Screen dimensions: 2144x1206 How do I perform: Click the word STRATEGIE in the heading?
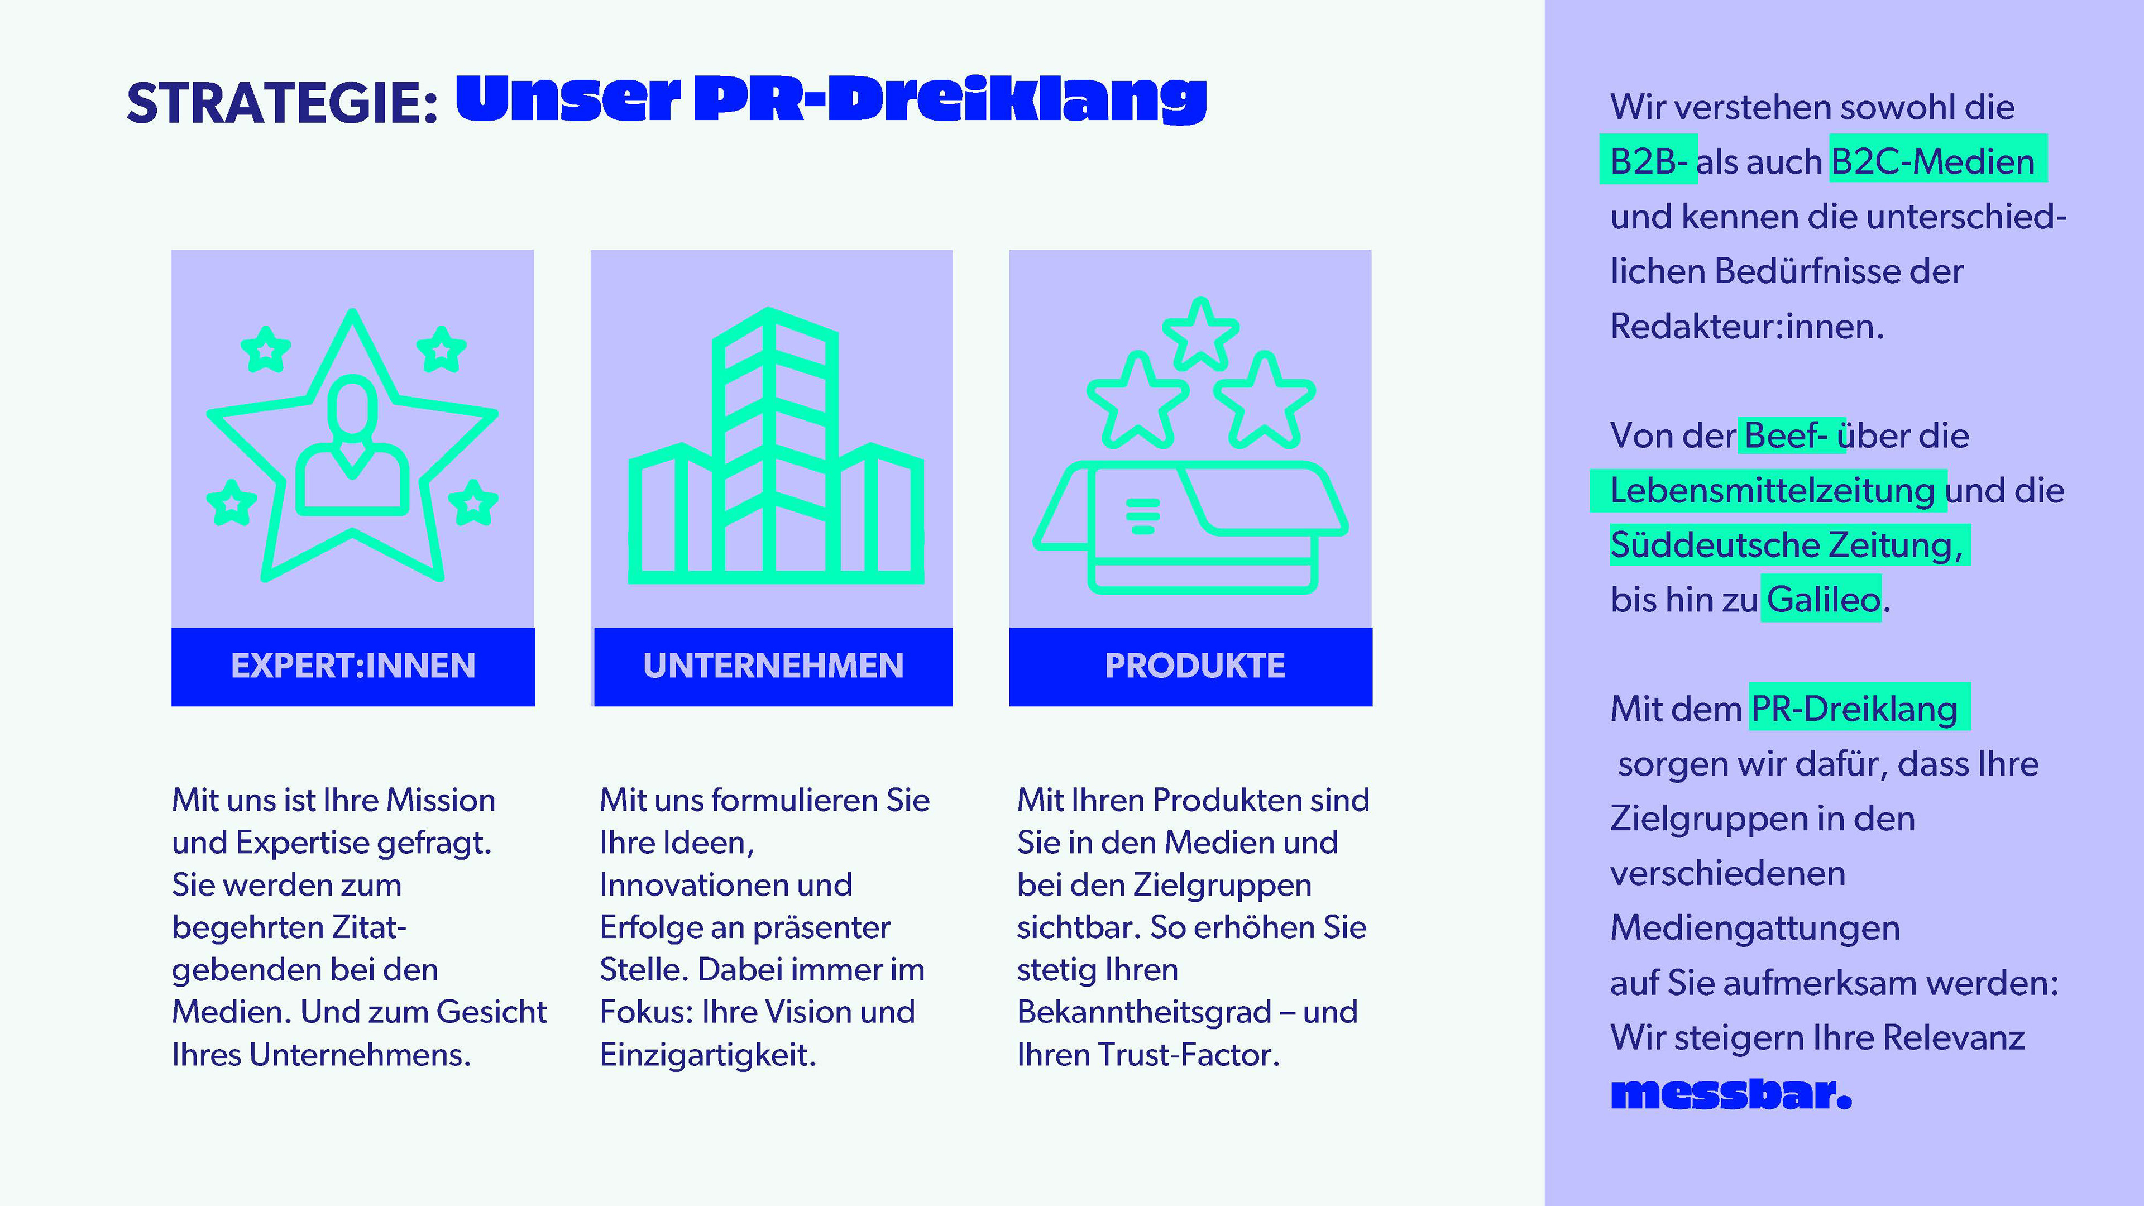pyautogui.click(x=281, y=104)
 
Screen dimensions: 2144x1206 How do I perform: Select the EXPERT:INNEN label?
pyautogui.click(x=353, y=666)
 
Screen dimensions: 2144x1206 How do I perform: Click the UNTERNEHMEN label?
pyautogui.click(x=773, y=666)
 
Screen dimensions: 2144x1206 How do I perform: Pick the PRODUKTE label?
pyautogui.click(x=1194, y=666)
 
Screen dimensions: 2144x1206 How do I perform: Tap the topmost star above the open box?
pyautogui.click(x=1199, y=333)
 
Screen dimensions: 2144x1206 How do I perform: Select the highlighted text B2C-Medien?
pyautogui.click(x=1932, y=161)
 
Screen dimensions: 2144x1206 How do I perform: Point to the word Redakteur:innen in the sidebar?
pyautogui.click(x=1745, y=326)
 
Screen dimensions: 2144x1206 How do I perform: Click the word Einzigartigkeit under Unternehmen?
pyautogui.click(x=707, y=1055)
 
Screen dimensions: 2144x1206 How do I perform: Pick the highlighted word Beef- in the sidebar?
pyautogui.click(x=1786, y=435)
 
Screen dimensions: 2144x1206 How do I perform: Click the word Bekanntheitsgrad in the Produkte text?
pyautogui.click(x=1143, y=1012)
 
